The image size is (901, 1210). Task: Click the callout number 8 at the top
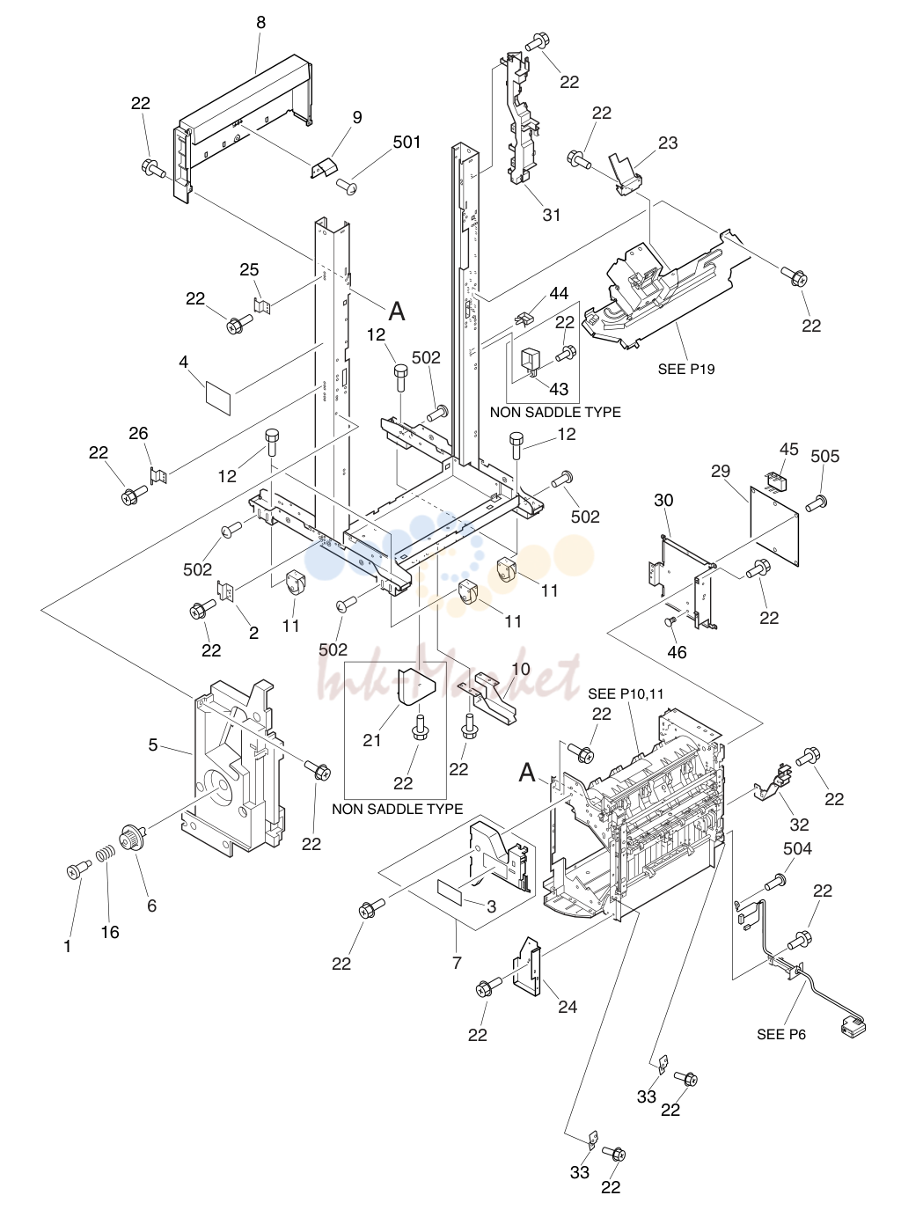pos(260,22)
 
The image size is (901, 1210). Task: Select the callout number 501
pos(407,142)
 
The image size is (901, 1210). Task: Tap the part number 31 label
pos(552,215)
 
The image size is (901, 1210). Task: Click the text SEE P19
pos(686,369)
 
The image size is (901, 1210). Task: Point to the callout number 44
pos(559,294)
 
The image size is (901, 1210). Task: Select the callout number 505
pos(824,456)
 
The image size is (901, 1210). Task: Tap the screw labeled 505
pos(817,502)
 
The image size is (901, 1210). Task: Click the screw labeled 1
pos(79,867)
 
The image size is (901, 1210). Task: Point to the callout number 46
pos(677,652)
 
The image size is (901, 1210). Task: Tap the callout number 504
pos(797,848)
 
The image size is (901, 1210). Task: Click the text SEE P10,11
pos(626,694)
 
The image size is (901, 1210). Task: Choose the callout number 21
pos(372,740)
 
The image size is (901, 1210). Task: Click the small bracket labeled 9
pos(325,167)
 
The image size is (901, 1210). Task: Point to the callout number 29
pos(721,471)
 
